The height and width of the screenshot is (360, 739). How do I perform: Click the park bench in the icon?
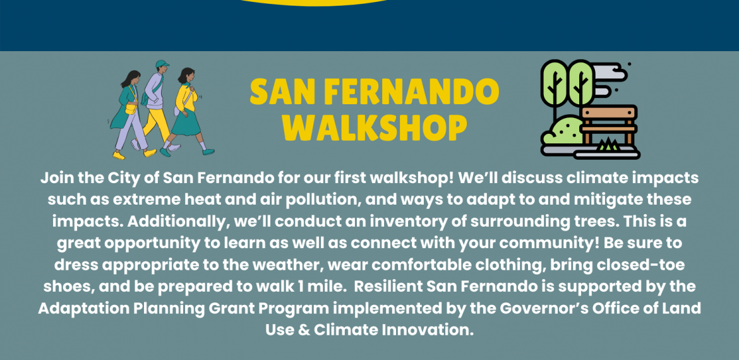(x=608, y=125)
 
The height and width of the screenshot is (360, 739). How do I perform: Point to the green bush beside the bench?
(x=562, y=131)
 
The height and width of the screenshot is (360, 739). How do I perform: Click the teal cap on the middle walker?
(x=162, y=64)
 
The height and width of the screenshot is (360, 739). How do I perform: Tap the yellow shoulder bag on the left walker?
(x=131, y=109)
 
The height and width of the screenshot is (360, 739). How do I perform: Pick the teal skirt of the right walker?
(x=186, y=123)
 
